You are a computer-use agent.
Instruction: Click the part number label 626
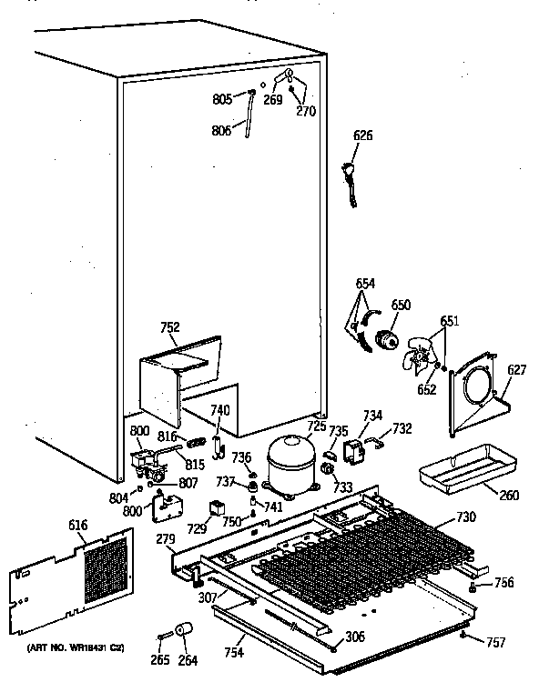pos(363,135)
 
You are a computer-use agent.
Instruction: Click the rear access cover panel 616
pos(73,577)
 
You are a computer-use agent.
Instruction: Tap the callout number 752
pos(170,328)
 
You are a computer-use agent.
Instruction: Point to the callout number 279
pos(165,541)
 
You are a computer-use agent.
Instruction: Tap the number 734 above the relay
pos(373,416)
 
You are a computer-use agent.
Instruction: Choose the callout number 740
pos(220,410)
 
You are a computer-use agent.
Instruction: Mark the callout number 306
pos(355,637)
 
